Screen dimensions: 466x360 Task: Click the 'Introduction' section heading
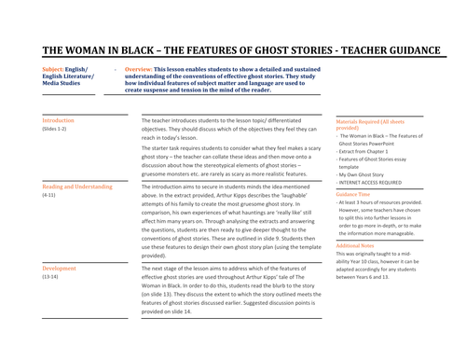(59, 121)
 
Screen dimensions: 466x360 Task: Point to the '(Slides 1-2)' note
(56, 130)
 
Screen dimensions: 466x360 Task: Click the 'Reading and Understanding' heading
(77, 187)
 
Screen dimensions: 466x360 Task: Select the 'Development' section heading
(60, 267)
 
